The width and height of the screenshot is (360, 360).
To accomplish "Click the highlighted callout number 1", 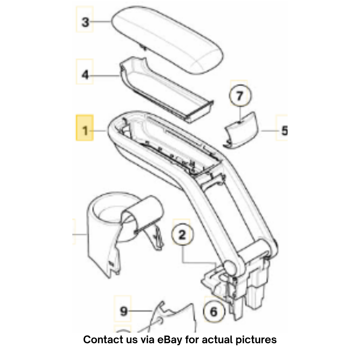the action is (85, 131).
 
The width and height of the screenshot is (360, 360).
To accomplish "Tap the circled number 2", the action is (182, 235).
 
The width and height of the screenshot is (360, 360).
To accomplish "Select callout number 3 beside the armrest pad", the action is (85, 22).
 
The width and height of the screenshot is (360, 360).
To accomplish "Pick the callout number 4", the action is (85, 75).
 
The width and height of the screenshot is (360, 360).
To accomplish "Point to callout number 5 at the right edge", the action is (285, 131).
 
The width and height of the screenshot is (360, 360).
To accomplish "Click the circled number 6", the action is (214, 312).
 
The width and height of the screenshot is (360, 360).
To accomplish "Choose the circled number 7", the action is (239, 96).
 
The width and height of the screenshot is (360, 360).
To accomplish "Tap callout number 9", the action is (124, 311).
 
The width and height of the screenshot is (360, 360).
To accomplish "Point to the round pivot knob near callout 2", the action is (230, 267).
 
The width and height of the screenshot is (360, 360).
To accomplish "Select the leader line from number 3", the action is (100, 22).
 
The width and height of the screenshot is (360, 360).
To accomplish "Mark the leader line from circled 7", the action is (239, 114).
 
